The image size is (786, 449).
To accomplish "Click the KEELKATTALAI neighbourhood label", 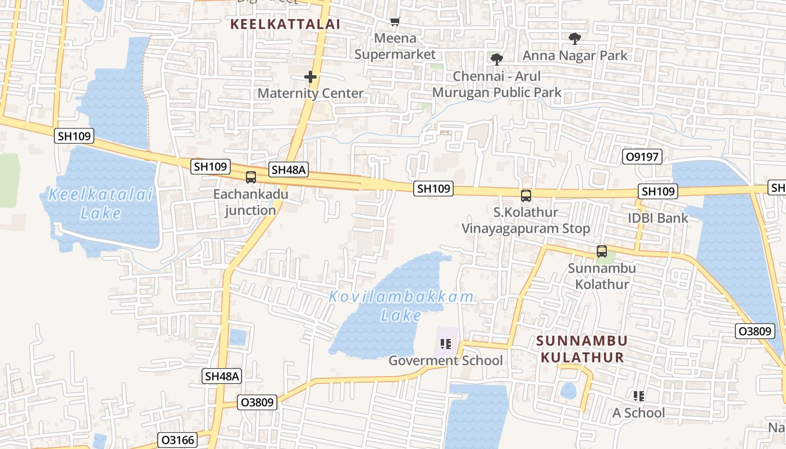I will pyautogui.click(x=286, y=24).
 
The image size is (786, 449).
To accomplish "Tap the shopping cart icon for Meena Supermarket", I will pyautogui.click(x=395, y=22).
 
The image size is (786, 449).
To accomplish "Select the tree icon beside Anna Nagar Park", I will pyautogui.click(x=574, y=39).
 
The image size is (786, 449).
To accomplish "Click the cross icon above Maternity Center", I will pyautogui.click(x=310, y=77).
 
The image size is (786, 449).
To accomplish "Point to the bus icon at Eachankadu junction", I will pyautogui.click(x=251, y=177).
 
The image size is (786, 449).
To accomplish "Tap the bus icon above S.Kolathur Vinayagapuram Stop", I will pyautogui.click(x=526, y=196).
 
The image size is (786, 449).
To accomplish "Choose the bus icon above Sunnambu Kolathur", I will pyautogui.click(x=602, y=251).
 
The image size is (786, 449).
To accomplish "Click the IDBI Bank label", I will pyautogui.click(x=658, y=218).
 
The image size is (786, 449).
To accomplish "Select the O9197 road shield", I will pyautogui.click(x=642, y=157).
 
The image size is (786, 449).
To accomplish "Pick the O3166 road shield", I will pyautogui.click(x=179, y=439).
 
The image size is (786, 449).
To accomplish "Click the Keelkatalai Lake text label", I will pyautogui.click(x=100, y=204).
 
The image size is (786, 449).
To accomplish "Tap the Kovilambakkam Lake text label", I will pyautogui.click(x=401, y=306).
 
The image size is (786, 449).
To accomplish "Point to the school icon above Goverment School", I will pyautogui.click(x=446, y=343).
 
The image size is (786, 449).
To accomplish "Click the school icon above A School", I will pyautogui.click(x=638, y=396).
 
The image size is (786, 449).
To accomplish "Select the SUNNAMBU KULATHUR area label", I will pyautogui.click(x=582, y=349).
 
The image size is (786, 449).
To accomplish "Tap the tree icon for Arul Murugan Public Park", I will pyautogui.click(x=496, y=59).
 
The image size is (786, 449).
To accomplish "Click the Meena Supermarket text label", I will pyautogui.click(x=395, y=46).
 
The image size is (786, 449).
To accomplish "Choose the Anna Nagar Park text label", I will pyautogui.click(x=575, y=56).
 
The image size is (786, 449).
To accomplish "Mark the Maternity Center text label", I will pyautogui.click(x=310, y=93).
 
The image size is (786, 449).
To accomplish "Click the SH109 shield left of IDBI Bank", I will pyautogui.click(x=658, y=191).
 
